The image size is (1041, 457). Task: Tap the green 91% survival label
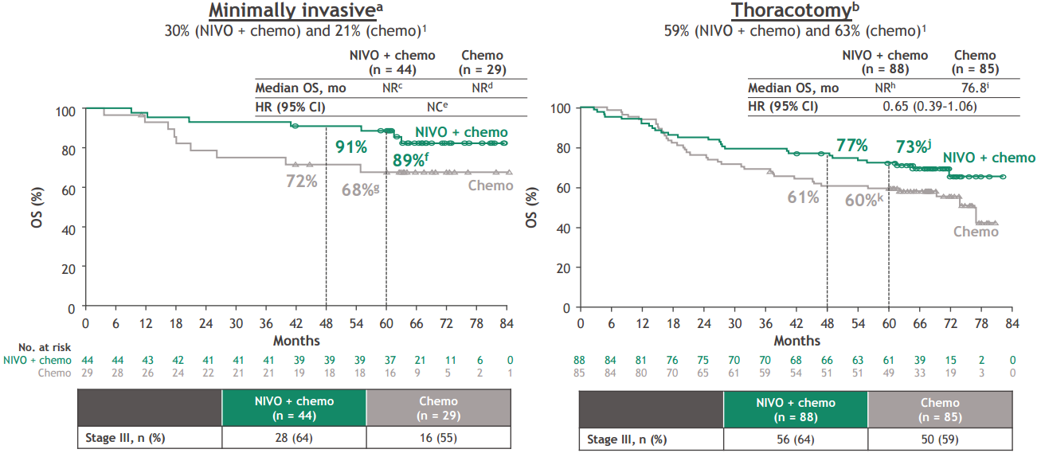[350, 147]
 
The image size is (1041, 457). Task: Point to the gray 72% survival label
[302, 182]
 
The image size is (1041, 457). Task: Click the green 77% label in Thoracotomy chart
[851, 145]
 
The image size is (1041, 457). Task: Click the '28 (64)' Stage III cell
[293, 437]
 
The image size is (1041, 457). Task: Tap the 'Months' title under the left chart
[296, 341]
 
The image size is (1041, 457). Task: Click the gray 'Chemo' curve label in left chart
[490, 186]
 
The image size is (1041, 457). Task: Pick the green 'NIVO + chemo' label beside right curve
[989, 158]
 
